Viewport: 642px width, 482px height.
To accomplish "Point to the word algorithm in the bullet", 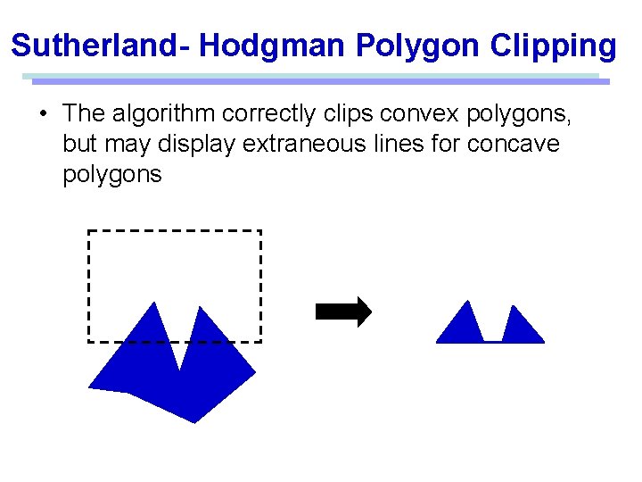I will point(164,114).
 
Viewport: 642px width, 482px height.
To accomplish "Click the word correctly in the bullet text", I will point(269,114).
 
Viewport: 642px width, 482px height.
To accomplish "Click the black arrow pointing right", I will point(343,312).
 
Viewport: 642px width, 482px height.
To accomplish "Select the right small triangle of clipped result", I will point(521,328).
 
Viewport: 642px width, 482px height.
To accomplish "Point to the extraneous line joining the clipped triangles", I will point(492,341).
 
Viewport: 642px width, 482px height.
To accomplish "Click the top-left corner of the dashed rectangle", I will point(88,231).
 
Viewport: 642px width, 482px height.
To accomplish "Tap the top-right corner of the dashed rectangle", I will point(260,231).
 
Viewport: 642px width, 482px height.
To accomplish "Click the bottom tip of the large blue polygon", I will point(195,421).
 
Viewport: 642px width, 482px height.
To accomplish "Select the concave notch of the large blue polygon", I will point(181,368).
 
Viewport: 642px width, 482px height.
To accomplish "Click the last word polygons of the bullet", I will point(112,174).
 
